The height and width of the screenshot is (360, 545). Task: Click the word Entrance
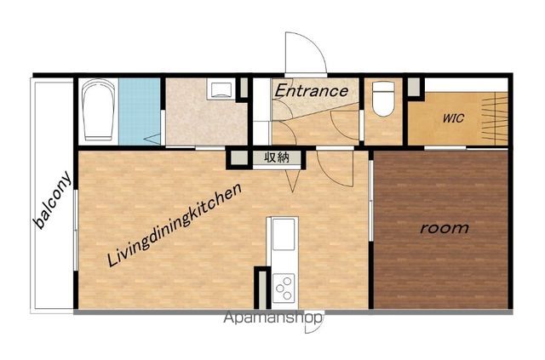(311, 91)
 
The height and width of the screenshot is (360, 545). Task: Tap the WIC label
(453, 118)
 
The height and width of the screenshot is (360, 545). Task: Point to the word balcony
(53, 200)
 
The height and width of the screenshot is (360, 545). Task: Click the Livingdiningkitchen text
(175, 226)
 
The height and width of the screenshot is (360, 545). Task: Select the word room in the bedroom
(445, 228)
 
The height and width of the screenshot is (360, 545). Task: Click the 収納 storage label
(277, 157)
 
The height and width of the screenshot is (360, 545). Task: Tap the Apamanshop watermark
(273, 317)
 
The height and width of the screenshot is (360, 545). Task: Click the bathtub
(99, 110)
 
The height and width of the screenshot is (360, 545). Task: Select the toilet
(383, 99)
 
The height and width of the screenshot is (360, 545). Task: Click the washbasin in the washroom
(221, 89)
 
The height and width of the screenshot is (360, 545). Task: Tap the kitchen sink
(284, 235)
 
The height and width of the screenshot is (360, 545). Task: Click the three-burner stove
(284, 288)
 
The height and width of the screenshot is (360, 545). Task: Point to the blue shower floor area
(140, 111)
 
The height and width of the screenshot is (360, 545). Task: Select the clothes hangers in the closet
(494, 119)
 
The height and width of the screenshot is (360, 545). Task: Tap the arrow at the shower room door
(152, 139)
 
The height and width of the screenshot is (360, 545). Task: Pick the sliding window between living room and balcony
(76, 230)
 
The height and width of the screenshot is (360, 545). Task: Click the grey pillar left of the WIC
(414, 88)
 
